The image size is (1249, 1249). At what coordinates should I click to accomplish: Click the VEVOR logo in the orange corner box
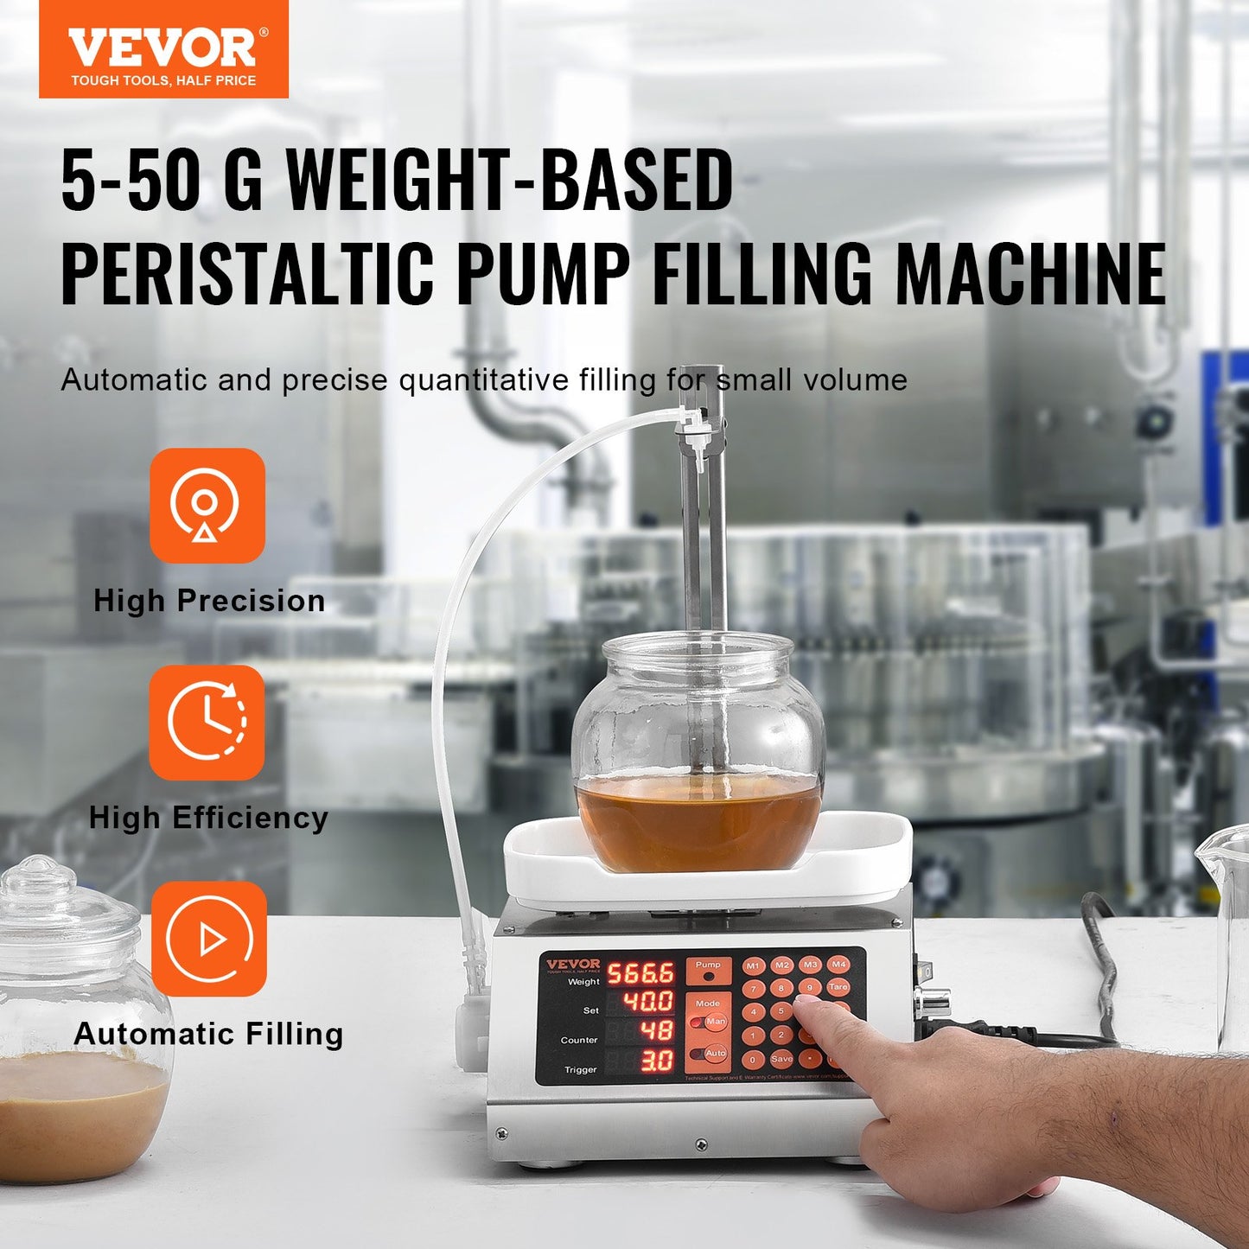(x=163, y=49)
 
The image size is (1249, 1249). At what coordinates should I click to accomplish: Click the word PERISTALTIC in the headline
(x=246, y=274)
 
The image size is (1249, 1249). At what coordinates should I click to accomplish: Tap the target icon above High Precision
(x=207, y=506)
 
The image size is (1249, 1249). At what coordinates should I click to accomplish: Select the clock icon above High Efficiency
(x=207, y=722)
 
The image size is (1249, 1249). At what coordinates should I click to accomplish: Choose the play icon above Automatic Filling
(x=208, y=939)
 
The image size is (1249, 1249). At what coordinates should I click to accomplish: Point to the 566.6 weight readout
(x=640, y=974)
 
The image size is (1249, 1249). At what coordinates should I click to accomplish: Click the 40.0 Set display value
(x=648, y=1002)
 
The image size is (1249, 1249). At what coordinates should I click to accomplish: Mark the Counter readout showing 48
(x=656, y=1030)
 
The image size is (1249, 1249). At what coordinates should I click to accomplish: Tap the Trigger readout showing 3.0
(x=656, y=1061)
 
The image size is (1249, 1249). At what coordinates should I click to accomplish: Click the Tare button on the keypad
(x=838, y=987)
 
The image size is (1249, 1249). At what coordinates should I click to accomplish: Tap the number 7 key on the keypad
(x=754, y=989)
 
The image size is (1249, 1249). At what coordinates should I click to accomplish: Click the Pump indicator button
(x=708, y=971)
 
